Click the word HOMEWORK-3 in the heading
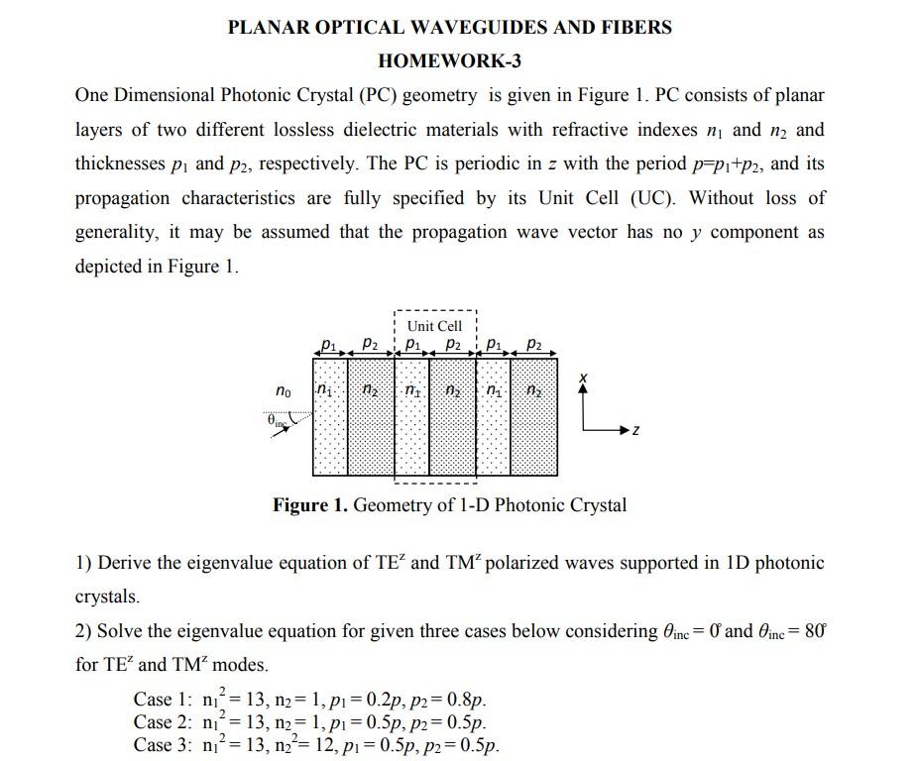point(449,61)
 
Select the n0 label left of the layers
point(284,390)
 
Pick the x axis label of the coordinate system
point(584,379)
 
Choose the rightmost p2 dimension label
point(533,344)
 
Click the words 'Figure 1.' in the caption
point(310,505)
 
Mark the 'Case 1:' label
point(162,699)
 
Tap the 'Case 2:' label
point(162,722)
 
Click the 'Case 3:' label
point(162,745)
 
